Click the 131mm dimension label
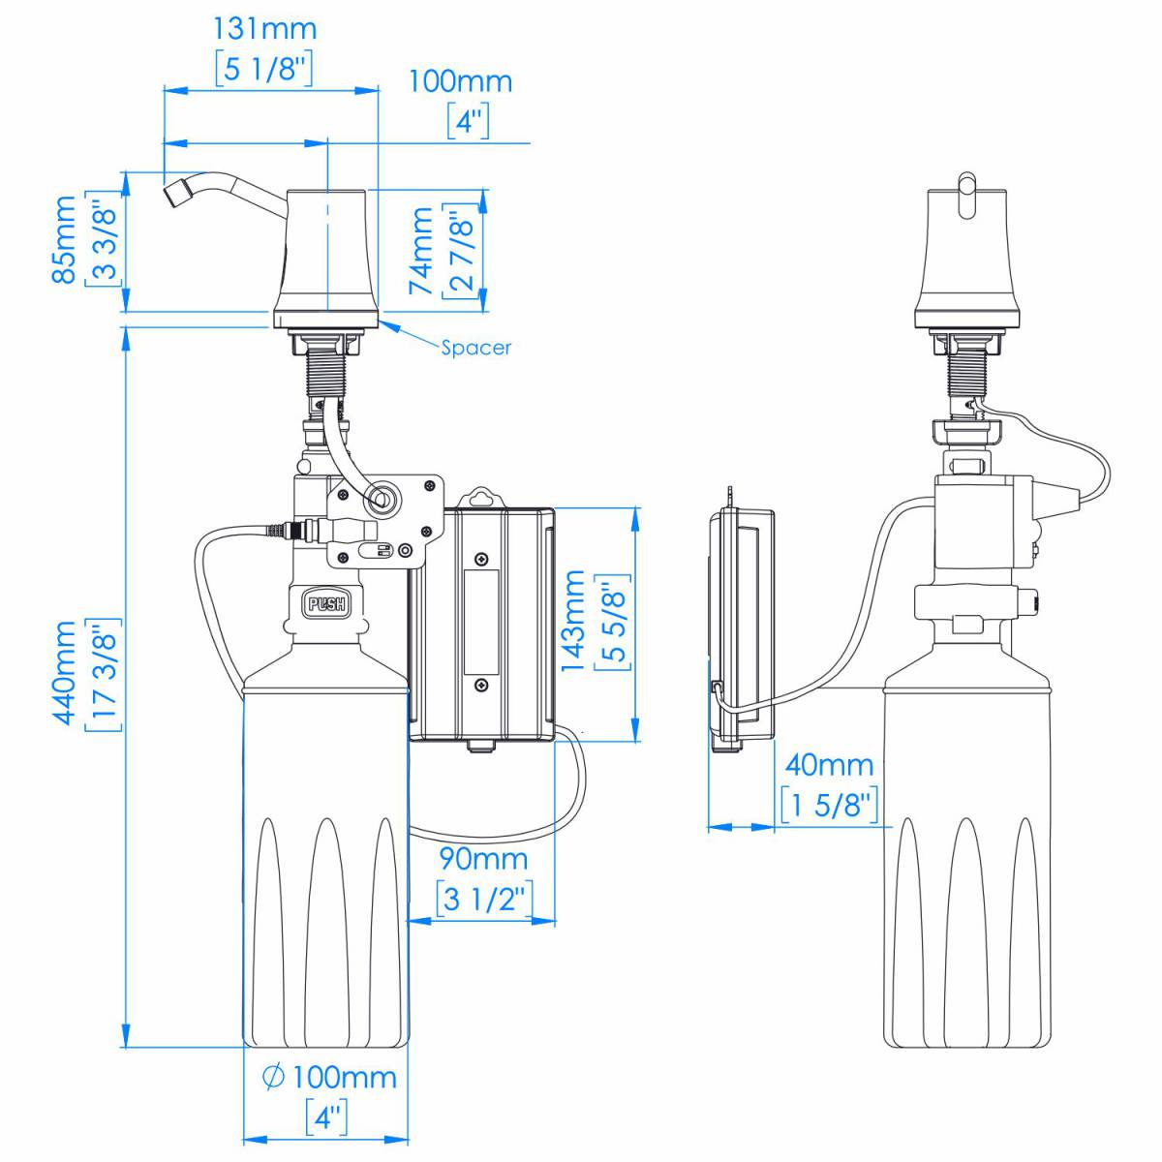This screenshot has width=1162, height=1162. [264, 28]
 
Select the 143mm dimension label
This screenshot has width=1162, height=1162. [574, 621]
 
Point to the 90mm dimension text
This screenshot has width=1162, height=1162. [483, 858]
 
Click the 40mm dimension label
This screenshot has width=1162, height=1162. [829, 765]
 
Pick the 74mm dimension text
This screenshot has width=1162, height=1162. [422, 251]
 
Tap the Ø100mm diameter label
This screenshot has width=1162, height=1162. [330, 1077]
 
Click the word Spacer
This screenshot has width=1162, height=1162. [475, 348]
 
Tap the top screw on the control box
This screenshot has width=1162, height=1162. [481, 560]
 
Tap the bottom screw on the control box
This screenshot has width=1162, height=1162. [481, 685]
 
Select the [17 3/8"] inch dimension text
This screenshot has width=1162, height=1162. [106, 674]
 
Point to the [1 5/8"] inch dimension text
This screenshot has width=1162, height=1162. [830, 803]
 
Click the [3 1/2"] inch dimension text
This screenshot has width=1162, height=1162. [483, 898]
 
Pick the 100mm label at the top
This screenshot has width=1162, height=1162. [460, 81]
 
